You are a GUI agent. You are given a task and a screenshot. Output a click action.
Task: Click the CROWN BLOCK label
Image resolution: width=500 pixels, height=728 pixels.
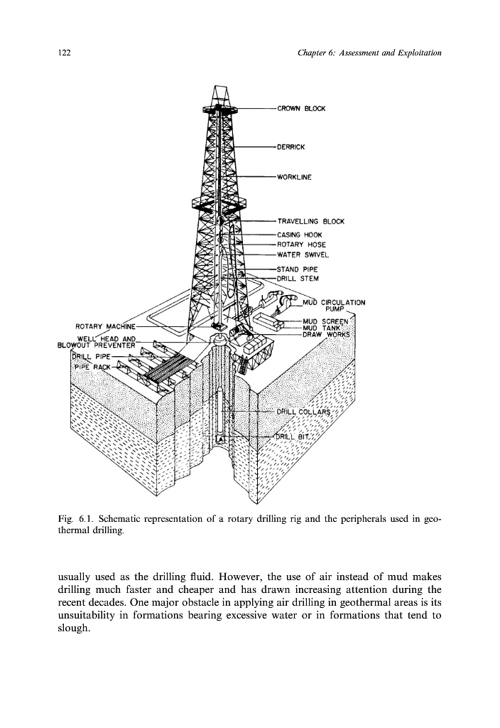(x=301, y=109)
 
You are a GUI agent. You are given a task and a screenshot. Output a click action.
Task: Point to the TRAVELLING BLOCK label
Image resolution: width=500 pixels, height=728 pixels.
(x=310, y=221)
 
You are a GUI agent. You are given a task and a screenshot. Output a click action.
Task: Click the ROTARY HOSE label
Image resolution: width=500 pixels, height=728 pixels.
(x=301, y=245)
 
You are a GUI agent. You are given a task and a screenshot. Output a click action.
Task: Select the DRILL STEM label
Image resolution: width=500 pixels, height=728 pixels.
(x=298, y=279)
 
